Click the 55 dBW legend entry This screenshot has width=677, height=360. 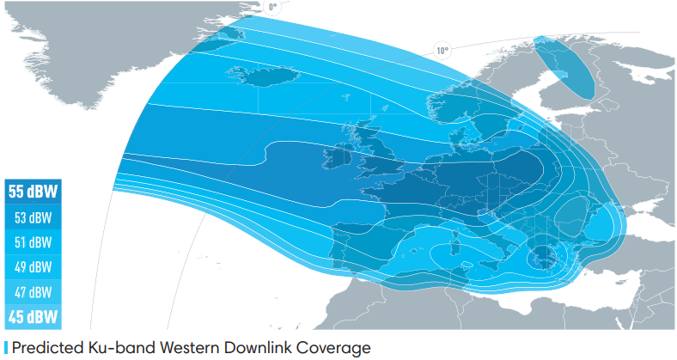click(32, 192)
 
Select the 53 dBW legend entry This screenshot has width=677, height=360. click(32, 217)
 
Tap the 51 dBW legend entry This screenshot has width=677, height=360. click(32, 242)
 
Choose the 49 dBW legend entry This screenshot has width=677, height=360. click(32, 267)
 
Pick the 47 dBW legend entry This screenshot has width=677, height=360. click(32, 292)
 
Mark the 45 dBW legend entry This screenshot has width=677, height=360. click(32, 317)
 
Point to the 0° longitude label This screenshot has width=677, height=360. click(273, 7)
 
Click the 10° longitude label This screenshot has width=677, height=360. click(442, 50)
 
